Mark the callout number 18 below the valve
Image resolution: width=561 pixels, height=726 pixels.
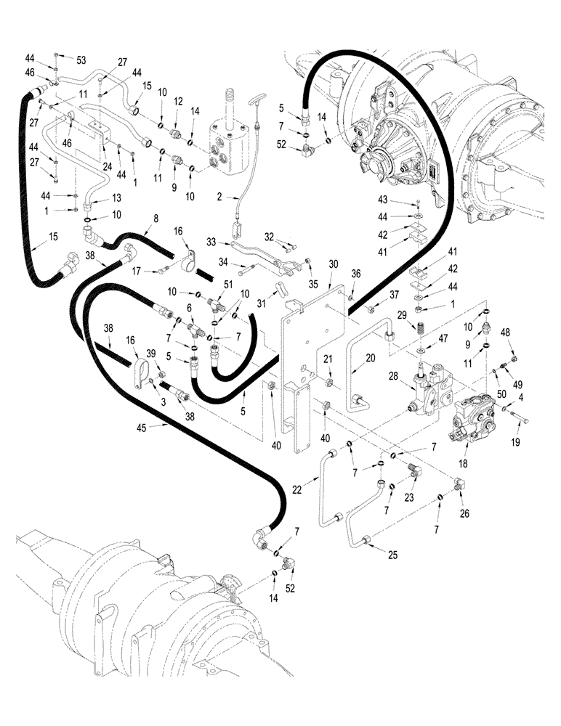(x=463, y=462)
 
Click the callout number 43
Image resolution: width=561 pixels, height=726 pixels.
(x=401, y=200)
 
